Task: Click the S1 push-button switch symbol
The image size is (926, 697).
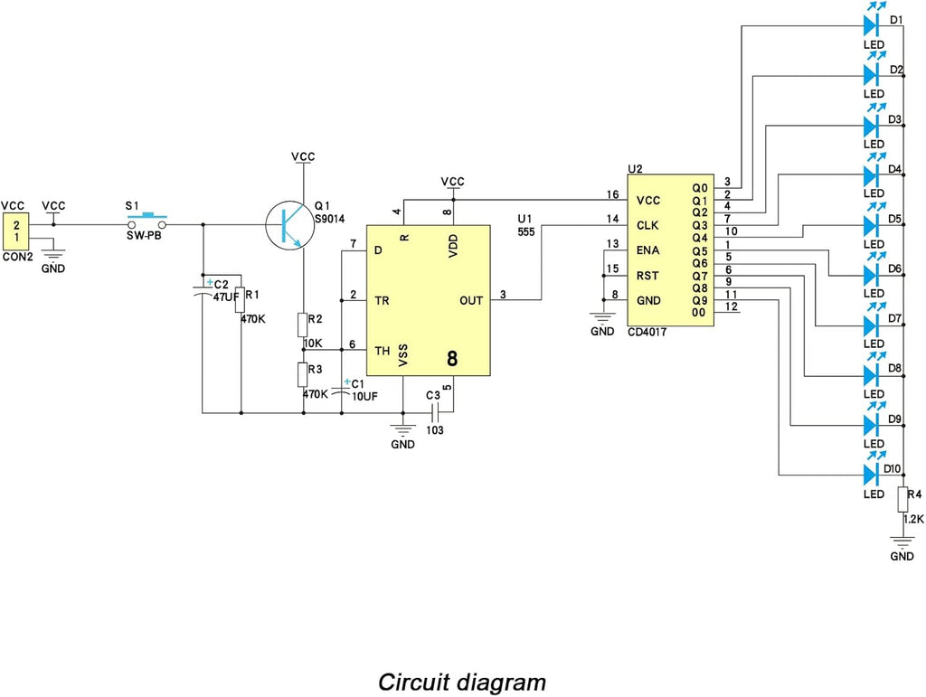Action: point(147,221)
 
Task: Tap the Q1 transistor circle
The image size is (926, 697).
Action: point(289,225)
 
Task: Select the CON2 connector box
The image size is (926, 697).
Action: point(16,231)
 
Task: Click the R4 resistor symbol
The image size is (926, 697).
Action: point(903,499)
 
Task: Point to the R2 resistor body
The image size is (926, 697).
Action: point(303,325)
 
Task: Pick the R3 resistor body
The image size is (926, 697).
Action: point(303,375)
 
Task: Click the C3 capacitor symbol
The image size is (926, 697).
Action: point(436,412)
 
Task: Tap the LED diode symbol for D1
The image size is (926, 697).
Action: point(873,25)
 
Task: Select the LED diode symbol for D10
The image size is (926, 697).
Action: point(873,475)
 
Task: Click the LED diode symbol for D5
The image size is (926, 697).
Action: point(873,225)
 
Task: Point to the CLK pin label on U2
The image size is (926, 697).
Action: point(647,225)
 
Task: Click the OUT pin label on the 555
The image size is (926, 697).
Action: point(471,300)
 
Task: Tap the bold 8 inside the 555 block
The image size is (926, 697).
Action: point(452,359)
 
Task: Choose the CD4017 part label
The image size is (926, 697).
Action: point(647,333)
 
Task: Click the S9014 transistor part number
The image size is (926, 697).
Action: point(329,219)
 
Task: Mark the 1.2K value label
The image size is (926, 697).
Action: point(913,519)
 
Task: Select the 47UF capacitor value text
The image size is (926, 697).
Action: point(226,297)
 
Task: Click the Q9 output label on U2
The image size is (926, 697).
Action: point(700,300)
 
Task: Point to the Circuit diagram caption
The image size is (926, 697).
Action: point(462,683)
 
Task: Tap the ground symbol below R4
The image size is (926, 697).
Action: point(902,542)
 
